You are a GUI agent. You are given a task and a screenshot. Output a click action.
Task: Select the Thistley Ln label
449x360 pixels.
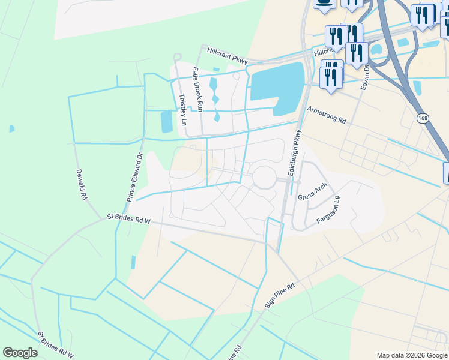[183, 110]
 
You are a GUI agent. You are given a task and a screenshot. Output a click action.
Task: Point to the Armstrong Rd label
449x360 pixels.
[327, 115]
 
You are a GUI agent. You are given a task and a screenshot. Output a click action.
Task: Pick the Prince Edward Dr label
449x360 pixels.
[134, 176]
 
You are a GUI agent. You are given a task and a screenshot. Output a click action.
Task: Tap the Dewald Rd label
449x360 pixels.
[82, 184]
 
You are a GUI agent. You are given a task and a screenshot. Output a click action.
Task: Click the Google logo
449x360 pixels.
[20, 353]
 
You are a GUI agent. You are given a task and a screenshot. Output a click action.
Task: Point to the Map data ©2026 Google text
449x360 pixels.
[412, 355]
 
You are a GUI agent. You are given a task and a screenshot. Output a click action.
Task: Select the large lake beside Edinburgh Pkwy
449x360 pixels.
[276, 84]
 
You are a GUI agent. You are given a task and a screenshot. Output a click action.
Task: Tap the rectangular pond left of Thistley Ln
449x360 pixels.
[166, 122]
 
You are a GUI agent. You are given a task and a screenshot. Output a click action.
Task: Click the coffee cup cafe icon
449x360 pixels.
[324, 3]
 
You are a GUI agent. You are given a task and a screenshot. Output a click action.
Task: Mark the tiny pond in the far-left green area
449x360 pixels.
[12, 128]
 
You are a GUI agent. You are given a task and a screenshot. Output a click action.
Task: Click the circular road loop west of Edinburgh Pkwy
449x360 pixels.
[264, 178]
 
